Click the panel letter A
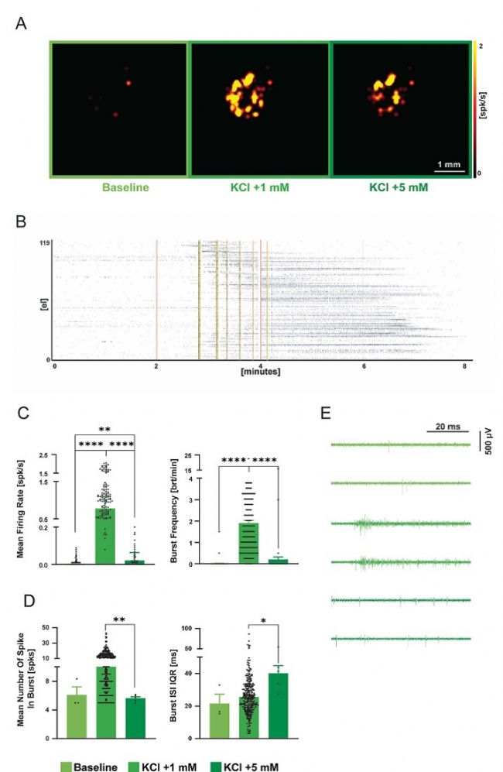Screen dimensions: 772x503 click(22, 24)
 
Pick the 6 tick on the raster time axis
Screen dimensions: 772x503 click(364, 366)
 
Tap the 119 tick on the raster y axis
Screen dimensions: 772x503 click(44, 243)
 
